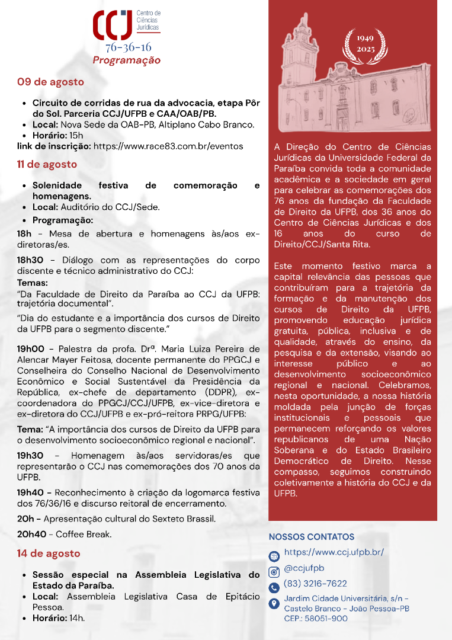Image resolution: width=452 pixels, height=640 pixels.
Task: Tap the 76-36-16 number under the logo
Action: [x=128, y=47]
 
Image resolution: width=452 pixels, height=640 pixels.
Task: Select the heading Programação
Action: [x=126, y=60]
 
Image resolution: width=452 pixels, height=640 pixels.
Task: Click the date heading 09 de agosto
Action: [x=50, y=82]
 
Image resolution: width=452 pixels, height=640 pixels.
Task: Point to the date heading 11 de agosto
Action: [x=47, y=164]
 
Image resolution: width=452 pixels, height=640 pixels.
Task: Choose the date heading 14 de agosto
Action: [x=49, y=553]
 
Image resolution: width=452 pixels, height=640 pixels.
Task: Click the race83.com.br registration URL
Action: [x=168, y=146]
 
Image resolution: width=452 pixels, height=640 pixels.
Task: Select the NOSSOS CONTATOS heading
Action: [x=312, y=537]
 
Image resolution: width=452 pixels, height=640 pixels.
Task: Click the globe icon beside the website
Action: [x=274, y=556]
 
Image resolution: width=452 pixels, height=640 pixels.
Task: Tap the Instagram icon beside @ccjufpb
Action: [x=274, y=572]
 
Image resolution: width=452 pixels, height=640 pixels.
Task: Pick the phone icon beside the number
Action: [x=274, y=588]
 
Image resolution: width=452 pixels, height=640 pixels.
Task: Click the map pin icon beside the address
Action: [x=274, y=604]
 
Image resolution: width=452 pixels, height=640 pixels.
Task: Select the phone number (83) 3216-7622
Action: [x=315, y=584]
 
